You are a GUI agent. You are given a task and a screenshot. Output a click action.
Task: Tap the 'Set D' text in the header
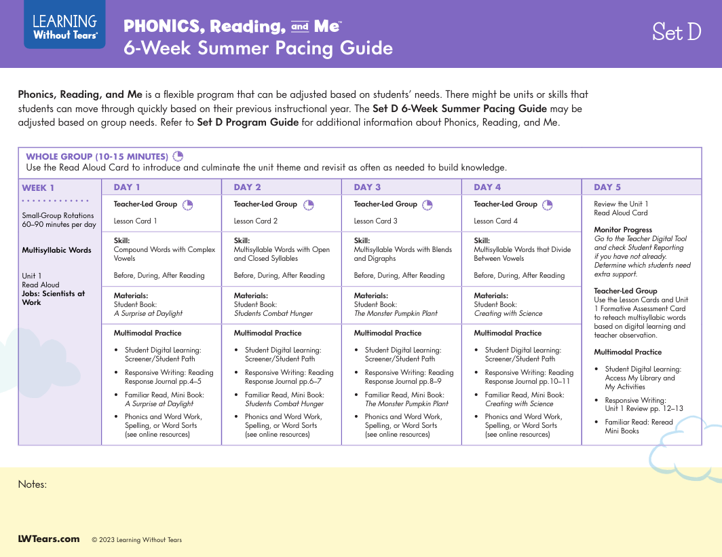click(x=676, y=32)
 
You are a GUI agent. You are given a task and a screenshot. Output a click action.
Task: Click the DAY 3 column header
click(x=367, y=187)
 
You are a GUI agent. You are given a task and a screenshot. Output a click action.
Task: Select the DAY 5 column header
click(x=607, y=187)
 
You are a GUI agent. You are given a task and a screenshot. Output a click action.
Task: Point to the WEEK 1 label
click(x=38, y=188)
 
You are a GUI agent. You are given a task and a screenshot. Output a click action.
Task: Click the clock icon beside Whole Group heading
click(x=178, y=156)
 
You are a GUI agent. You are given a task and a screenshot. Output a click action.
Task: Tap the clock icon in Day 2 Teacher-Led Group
click(x=309, y=204)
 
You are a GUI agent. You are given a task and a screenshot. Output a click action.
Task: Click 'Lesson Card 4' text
click(x=495, y=221)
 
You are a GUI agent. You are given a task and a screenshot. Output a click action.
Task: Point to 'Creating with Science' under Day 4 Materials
click(x=508, y=313)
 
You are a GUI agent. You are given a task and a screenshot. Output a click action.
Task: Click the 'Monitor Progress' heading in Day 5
click(x=623, y=230)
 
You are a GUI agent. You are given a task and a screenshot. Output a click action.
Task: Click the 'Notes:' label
click(x=32, y=484)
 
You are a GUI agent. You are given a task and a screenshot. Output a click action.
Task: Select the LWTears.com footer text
click(x=48, y=539)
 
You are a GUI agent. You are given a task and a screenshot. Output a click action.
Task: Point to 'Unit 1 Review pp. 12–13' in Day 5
click(x=644, y=408)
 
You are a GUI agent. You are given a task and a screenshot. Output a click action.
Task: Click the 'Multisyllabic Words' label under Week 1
click(x=56, y=250)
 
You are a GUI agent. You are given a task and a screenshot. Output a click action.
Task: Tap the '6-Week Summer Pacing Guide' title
click(x=258, y=48)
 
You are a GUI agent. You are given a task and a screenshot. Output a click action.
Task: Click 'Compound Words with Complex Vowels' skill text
click(x=164, y=254)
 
